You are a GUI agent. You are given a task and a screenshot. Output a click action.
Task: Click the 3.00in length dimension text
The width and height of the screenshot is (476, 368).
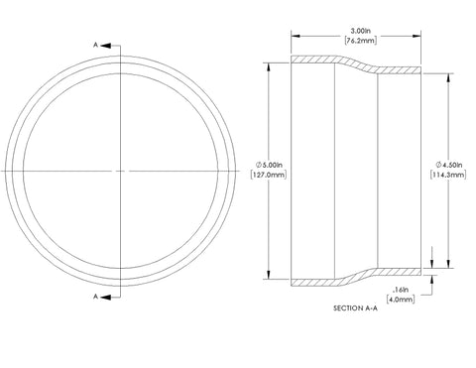pos(360,31)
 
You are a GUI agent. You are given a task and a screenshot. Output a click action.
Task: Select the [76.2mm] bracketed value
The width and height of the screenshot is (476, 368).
pos(360,41)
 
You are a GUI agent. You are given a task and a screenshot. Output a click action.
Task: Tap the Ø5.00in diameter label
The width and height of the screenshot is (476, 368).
pos(269,165)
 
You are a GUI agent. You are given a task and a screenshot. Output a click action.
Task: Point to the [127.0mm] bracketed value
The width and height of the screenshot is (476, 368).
pos(269,175)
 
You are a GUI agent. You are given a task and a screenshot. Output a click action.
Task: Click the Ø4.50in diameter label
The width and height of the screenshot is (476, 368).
pos(449,165)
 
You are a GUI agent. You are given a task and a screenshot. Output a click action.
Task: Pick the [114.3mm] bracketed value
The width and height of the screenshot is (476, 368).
pos(448,175)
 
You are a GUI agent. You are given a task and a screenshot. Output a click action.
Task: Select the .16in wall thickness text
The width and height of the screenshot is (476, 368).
pos(401,290)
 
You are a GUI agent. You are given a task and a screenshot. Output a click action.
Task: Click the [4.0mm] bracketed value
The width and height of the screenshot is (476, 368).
pos(401,300)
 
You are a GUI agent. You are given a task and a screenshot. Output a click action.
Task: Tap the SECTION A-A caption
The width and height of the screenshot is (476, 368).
pos(355,308)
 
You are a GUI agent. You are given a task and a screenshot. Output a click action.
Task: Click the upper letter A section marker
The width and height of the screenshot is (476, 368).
pos(95,45)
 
